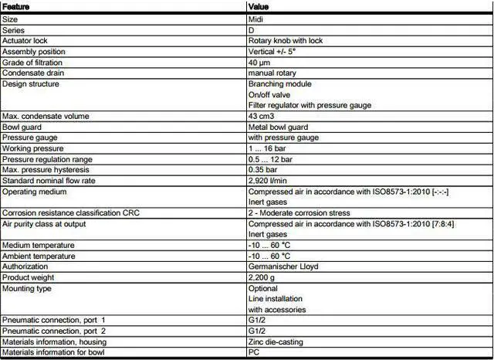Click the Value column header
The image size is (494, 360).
coord(259,6)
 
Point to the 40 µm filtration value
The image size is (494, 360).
coord(259,62)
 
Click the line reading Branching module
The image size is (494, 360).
coord(279,83)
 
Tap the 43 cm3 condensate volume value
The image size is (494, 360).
coord(260,116)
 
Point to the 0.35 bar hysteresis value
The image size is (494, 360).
coord(263,169)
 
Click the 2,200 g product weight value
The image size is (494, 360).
coord(262,277)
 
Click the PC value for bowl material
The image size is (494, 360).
coord(253,352)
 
